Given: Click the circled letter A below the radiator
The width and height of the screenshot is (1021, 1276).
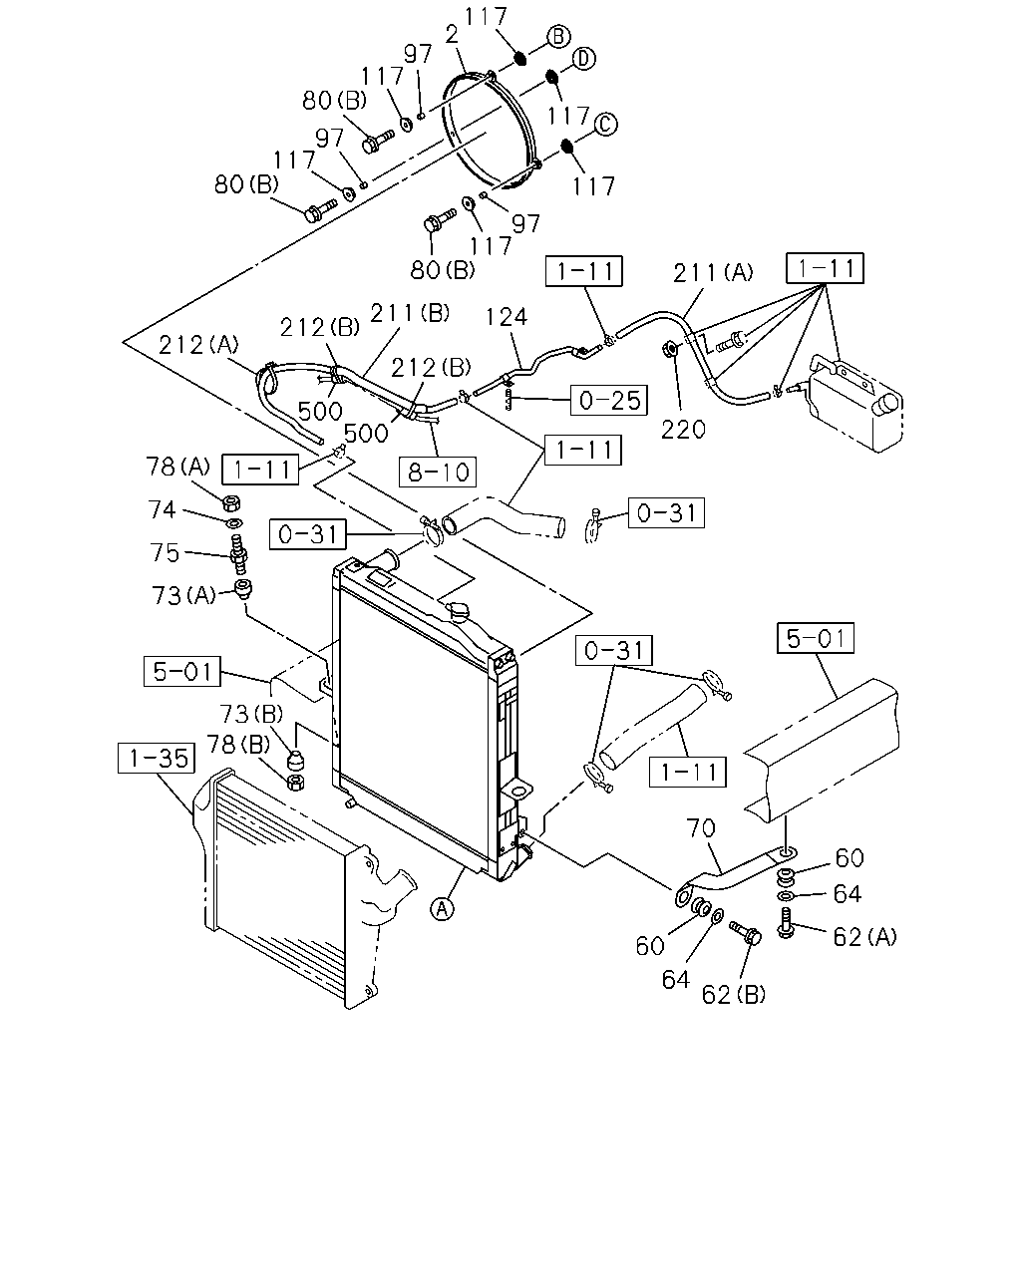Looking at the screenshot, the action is pyautogui.click(x=442, y=908).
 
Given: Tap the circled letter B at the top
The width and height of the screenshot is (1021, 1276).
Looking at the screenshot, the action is pyautogui.click(x=558, y=36).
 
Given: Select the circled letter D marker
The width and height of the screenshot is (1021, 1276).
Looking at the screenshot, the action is pyautogui.click(x=583, y=59).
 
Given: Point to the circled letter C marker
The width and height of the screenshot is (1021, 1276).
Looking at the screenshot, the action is pyautogui.click(x=605, y=124).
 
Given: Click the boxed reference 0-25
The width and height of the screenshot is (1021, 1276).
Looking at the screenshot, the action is pyautogui.click(x=608, y=400).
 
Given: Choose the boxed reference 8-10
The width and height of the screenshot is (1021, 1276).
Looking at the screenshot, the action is pyautogui.click(x=438, y=472).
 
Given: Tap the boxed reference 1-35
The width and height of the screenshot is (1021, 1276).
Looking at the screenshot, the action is pyautogui.click(x=157, y=758).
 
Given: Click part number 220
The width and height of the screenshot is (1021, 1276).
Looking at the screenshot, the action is pyautogui.click(x=683, y=430).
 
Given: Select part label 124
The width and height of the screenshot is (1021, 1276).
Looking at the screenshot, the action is pyautogui.click(x=507, y=317).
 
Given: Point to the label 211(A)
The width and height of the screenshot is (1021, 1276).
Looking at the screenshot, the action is pyautogui.click(x=713, y=273).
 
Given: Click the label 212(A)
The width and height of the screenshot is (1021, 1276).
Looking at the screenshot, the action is pyautogui.click(x=198, y=345).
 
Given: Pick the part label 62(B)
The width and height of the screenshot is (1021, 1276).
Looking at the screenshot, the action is pyautogui.click(x=733, y=994).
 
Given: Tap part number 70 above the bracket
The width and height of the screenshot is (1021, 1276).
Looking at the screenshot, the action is pyautogui.click(x=701, y=827).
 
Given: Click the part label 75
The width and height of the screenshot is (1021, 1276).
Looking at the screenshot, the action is pyautogui.click(x=165, y=552).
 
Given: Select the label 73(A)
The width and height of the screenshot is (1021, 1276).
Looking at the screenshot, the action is pyautogui.click(x=183, y=595).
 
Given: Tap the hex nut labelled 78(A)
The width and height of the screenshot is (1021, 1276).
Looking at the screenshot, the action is pyautogui.click(x=231, y=502).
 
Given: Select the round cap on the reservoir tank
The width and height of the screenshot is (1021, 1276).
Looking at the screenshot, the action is pyautogui.click(x=888, y=404).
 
